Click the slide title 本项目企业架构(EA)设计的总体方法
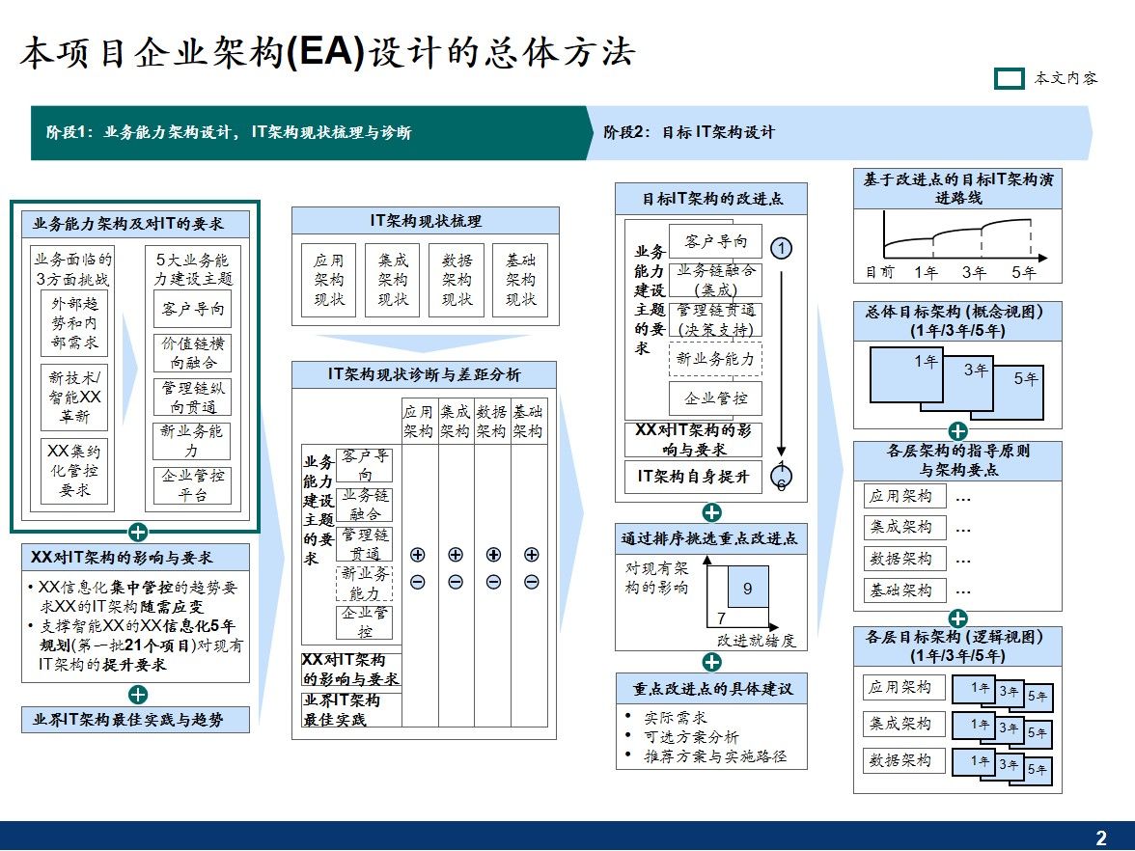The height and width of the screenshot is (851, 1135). pyautogui.click(x=327, y=53)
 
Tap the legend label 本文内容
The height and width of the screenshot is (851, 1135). pyautogui.click(x=1066, y=78)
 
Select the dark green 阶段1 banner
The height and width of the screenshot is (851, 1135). pyautogui.click(x=309, y=132)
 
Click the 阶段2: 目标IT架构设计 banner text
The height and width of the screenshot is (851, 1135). pyautogui.click(x=688, y=132)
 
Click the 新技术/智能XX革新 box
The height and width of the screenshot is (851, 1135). pyautogui.click(x=74, y=398)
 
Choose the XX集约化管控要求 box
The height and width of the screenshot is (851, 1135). pyautogui.click(x=74, y=470)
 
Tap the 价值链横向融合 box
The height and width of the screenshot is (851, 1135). pyautogui.click(x=192, y=354)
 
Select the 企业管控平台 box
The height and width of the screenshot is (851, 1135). pyautogui.click(x=192, y=485)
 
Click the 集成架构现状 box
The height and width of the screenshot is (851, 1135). pyautogui.click(x=393, y=279)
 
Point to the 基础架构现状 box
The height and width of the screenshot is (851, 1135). pyautogui.click(x=521, y=279)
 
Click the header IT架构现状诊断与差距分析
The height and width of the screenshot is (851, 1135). pyautogui.click(x=425, y=374)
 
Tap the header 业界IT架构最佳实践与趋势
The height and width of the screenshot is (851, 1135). pyautogui.click(x=135, y=719)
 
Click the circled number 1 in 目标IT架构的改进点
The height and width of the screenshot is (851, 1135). pyautogui.click(x=782, y=248)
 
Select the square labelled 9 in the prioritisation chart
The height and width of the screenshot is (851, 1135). pyautogui.click(x=748, y=588)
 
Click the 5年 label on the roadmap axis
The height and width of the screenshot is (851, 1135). pyautogui.click(x=1023, y=272)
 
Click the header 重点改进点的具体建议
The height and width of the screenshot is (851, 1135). pyautogui.click(x=712, y=689)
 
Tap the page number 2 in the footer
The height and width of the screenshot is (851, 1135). pyautogui.click(x=1101, y=837)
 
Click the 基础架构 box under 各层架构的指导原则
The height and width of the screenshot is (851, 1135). pyautogui.click(x=900, y=590)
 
